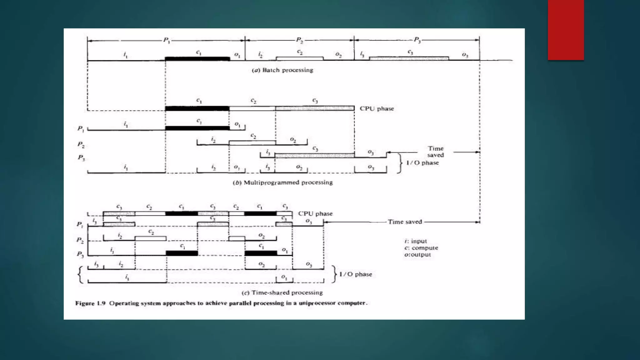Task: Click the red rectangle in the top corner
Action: (x=566, y=30)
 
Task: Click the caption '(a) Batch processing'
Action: (x=282, y=70)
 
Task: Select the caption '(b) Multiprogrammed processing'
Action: (x=283, y=182)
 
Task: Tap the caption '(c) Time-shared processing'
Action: (x=282, y=293)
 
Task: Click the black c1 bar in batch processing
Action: (x=197, y=58)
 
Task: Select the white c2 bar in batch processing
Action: (x=299, y=58)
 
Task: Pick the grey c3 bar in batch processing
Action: (x=409, y=58)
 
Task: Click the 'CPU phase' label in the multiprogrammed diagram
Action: (x=377, y=109)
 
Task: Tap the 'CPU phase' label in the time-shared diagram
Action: (x=315, y=214)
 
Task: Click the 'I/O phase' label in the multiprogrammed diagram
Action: (x=422, y=163)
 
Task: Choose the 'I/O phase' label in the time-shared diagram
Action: (x=356, y=274)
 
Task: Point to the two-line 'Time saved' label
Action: (x=436, y=152)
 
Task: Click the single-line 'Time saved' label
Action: (x=405, y=222)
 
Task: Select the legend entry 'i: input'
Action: (x=415, y=241)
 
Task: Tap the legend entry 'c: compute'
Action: (x=421, y=248)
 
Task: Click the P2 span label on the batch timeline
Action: (x=299, y=40)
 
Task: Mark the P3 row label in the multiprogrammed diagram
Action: (x=81, y=158)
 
